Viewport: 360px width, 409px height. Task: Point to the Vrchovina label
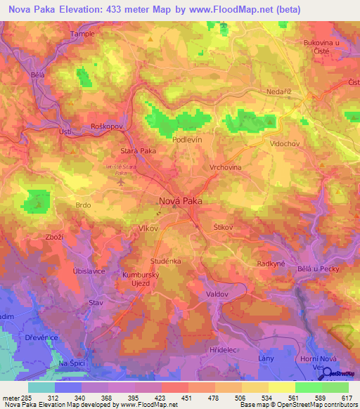225,168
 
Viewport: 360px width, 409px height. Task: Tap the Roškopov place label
107,125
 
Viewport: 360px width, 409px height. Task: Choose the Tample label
82,34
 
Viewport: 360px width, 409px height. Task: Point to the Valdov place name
219,294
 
